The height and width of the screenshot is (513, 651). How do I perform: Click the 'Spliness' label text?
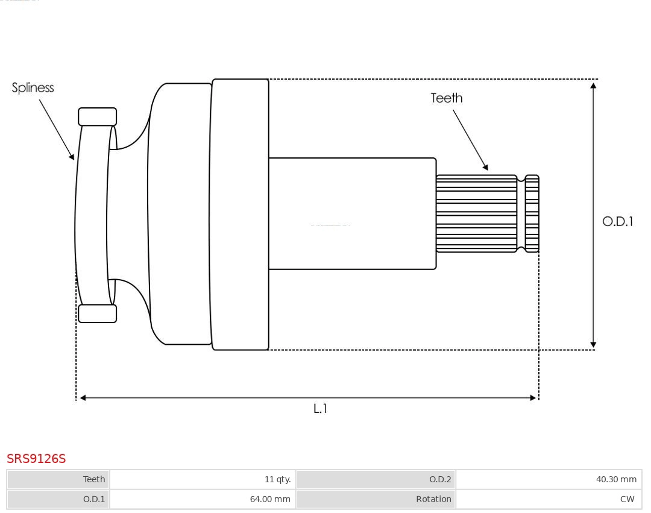33,88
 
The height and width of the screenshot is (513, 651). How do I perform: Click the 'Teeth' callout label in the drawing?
446,98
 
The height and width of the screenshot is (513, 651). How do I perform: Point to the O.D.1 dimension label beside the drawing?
617,221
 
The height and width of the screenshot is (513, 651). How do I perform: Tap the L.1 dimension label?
320,409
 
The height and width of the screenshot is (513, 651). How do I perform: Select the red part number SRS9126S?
36,459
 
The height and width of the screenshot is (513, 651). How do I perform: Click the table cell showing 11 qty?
277,479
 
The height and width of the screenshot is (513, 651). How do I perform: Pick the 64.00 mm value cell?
270,499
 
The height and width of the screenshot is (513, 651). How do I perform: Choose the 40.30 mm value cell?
616,479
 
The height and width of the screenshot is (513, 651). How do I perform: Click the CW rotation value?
627,499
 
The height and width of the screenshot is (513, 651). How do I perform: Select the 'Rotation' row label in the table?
433,499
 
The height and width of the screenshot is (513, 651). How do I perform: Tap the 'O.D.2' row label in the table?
439,479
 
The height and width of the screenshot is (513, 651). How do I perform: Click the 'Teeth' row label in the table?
93,479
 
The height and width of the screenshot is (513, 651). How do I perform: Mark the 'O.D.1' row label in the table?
93,499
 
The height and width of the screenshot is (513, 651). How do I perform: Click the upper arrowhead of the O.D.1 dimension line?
593,86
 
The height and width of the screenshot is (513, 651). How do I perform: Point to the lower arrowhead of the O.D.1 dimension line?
593,344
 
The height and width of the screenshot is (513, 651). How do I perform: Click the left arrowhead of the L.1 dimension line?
83,398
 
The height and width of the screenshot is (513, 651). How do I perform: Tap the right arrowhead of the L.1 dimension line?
532,398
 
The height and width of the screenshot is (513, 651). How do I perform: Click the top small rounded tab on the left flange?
97,116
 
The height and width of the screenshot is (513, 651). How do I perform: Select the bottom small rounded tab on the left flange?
97,313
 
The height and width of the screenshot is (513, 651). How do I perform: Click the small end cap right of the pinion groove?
532,214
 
